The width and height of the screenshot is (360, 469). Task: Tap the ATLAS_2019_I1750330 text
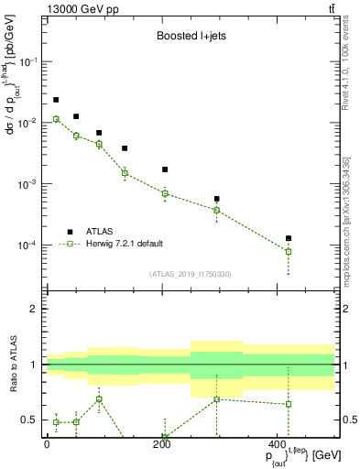pos(190,274)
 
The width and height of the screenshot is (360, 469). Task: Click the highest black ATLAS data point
pos(56,100)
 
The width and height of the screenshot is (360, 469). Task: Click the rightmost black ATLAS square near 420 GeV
pos(289,238)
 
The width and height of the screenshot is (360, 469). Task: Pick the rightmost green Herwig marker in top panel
pos(289,251)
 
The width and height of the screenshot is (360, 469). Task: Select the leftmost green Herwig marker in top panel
pos(56,119)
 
